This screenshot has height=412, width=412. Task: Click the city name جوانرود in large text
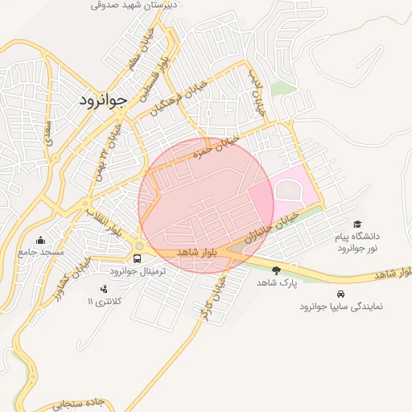(x=103, y=101)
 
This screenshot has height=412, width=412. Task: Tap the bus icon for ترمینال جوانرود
(x=138, y=259)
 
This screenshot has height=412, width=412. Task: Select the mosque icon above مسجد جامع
(x=41, y=240)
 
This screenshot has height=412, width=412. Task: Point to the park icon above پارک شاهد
(x=277, y=270)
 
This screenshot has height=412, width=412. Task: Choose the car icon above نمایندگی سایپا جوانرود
(x=341, y=294)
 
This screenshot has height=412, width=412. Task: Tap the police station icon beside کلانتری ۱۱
(x=103, y=289)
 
